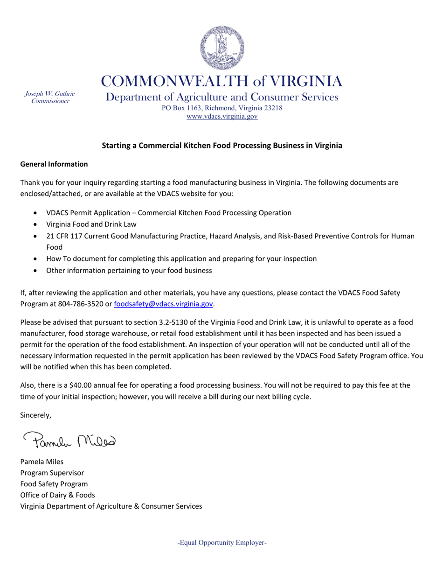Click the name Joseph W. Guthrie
[x=49, y=94]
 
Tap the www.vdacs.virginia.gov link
[x=222, y=117]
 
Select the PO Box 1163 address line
[x=222, y=108]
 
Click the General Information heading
[x=54, y=164]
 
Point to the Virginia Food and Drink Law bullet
[x=91, y=224]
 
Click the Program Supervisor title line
[x=52, y=472]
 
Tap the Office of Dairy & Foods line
[x=58, y=495]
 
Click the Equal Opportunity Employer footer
[x=222, y=543]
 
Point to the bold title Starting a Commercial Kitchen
[x=222, y=146]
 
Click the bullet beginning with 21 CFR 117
[x=229, y=236]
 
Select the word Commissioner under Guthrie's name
[x=49, y=101]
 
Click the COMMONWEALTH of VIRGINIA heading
[x=222, y=81]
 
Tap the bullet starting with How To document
[x=181, y=259]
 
